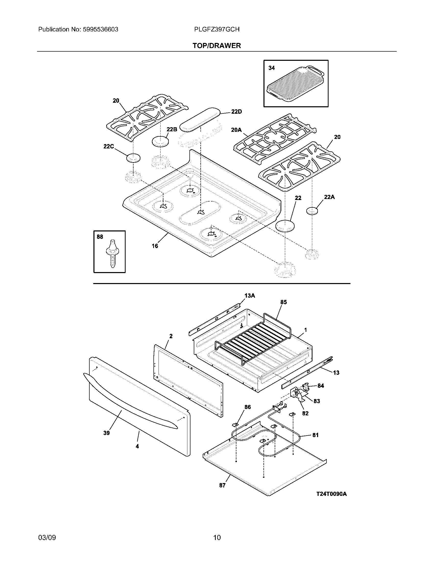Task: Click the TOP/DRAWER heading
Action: point(217,45)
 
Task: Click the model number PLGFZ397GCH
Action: point(217,29)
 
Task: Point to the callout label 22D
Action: point(236,112)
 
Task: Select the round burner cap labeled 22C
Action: point(133,158)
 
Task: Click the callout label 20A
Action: point(236,130)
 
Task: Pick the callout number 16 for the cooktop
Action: point(155,246)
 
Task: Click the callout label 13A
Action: point(250,296)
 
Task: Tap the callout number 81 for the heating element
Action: point(316,435)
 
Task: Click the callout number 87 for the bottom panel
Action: point(222,485)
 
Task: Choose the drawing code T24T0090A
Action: point(331,494)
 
